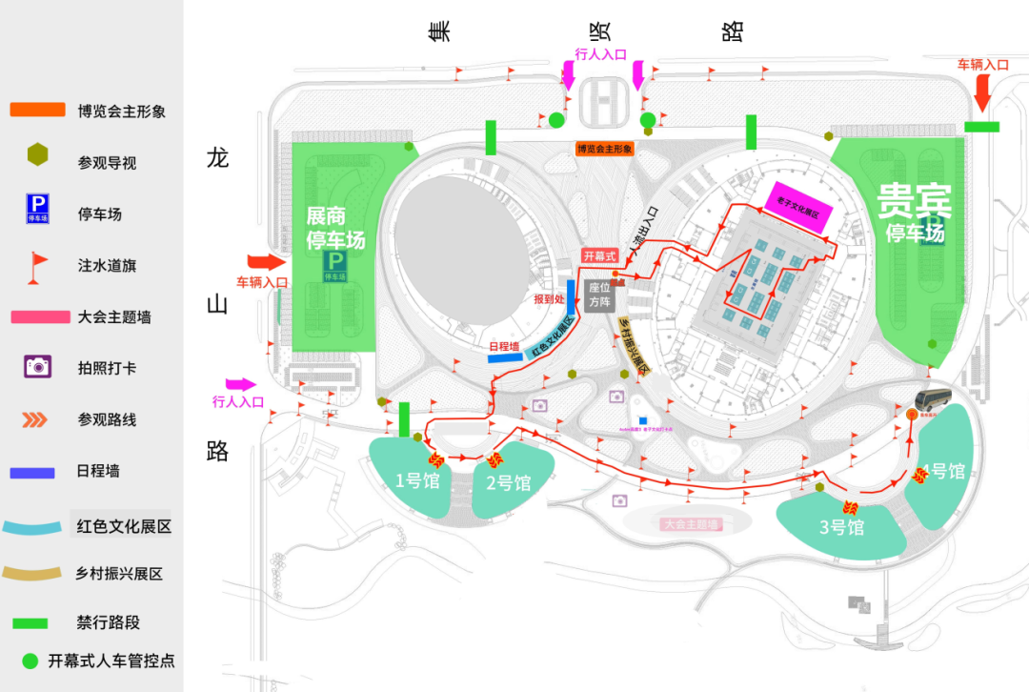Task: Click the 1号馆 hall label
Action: (417, 481)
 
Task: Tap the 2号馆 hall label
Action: (508, 483)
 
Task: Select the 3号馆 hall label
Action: (842, 527)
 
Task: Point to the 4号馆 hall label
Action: (943, 471)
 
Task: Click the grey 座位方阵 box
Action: (600, 294)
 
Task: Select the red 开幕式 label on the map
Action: (600, 256)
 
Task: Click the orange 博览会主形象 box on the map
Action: (604, 149)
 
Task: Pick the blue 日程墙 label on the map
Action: (503, 347)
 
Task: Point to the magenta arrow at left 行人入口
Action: (241, 384)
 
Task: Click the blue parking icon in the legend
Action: (37, 208)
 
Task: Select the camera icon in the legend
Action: (37, 366)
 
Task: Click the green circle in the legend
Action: (30, 660)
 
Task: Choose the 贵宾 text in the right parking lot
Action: (914, 203)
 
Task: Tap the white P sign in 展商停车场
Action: (335, 260)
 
